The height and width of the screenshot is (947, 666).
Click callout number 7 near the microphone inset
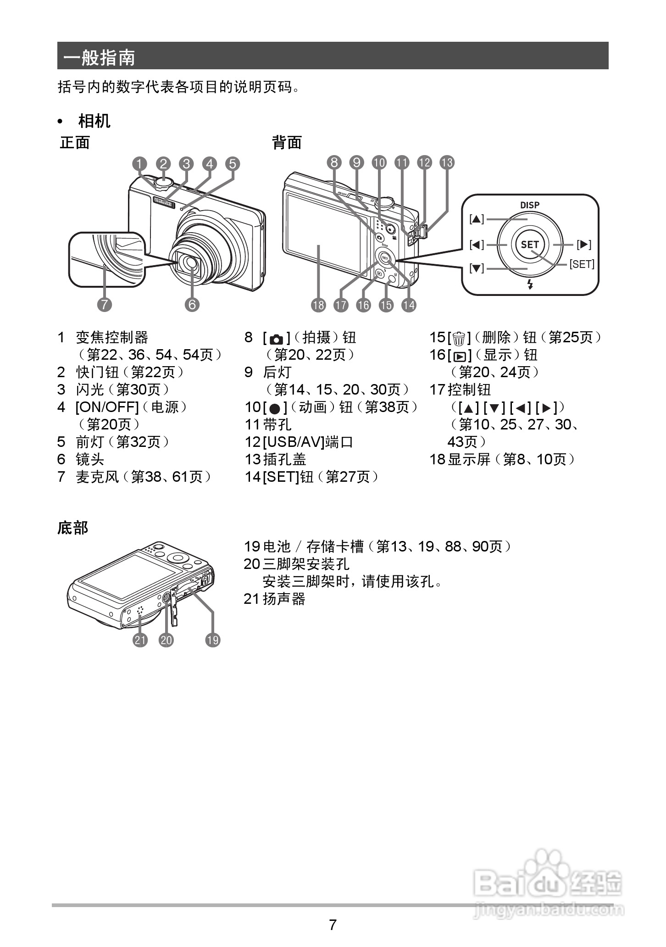pos(105,305)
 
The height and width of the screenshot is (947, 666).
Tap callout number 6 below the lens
pos(192,305)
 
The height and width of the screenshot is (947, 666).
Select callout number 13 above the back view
pos(447,162)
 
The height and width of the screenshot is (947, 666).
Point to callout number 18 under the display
pos(318,305)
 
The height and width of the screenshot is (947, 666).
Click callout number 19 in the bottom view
pos(213,640)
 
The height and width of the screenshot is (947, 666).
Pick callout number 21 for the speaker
pos(140,640)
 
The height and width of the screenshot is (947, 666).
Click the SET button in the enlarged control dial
pos(530,245)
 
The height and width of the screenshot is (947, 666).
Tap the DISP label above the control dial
pos(530,205)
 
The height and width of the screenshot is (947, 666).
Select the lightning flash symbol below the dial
pos(530,284)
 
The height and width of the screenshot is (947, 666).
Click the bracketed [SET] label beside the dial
pos(582,264)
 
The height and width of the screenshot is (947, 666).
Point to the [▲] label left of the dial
pos(477,219)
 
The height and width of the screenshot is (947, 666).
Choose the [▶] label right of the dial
pos(584,245)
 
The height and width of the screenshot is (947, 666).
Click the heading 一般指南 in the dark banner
pos(100,58)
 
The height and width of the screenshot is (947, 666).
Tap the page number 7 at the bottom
pos(333,925)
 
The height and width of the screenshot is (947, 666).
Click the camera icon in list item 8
pos(277,339)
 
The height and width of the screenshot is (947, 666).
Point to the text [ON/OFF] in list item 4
pos(107,407)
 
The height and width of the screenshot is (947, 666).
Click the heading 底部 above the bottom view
pos(72,528)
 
